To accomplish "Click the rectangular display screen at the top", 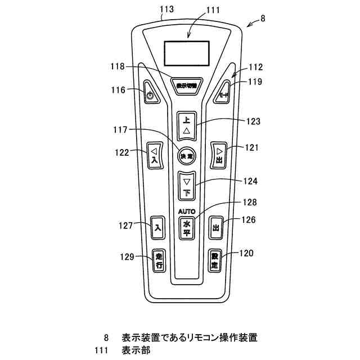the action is [186, 53].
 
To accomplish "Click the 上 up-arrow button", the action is [187, 125].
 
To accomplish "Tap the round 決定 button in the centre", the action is [186, 155].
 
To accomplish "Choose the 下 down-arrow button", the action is [187, 186].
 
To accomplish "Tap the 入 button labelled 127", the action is [159, 227].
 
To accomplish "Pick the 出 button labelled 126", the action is [215, 227].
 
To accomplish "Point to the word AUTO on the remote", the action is [187, 211].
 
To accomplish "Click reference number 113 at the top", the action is [167, 9].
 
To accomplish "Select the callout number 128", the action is [250, 201].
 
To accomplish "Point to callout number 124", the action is [250, 181].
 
